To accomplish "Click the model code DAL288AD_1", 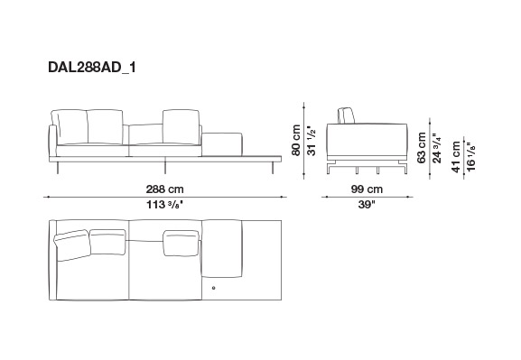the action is (92, 68).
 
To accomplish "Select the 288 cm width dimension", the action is (165, 189).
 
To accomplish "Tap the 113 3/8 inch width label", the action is (165, 205).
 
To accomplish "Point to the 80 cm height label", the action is (296, 140).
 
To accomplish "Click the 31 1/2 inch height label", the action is (311, 141).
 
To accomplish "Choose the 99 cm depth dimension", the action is (367, 189).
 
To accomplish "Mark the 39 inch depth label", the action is (367, 205).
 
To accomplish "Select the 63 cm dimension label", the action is (422, 147).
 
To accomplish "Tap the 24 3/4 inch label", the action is (437, 148).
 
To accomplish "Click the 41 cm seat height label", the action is (456, 157).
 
